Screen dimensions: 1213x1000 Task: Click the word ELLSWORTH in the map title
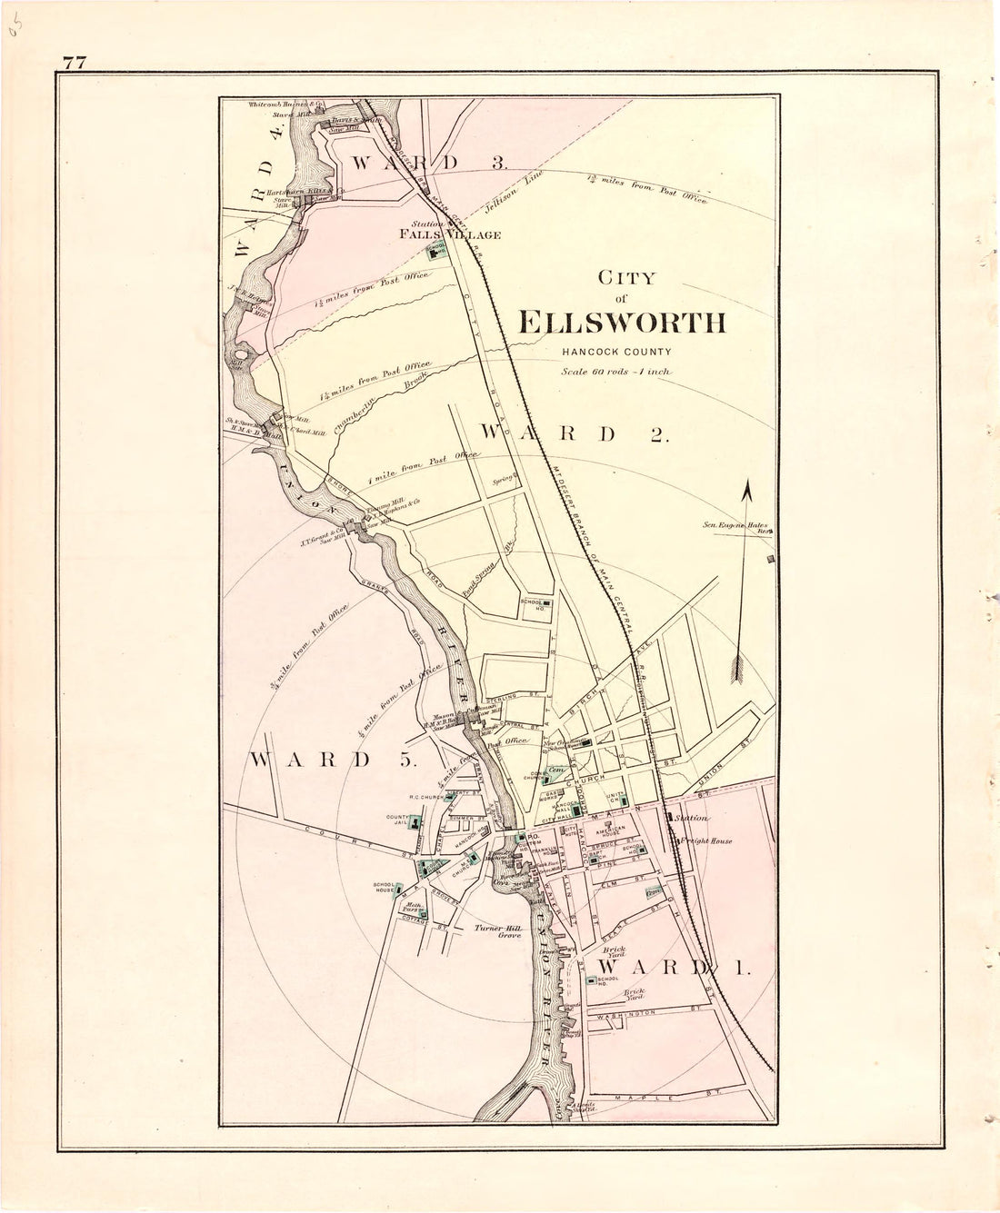pyautogui.click(x=622, y=323)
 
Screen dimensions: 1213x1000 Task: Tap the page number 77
pyautogui.click(x=75, y=63)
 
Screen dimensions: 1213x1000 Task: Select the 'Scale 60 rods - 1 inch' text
pyautogui.click(x=615, y=371)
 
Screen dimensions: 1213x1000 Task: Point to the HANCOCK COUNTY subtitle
pyautogui.click(x=616, y=352)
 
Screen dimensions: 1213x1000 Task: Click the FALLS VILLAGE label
pyautogui.click(x=451, y=234)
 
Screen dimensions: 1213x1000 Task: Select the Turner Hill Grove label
pyautogui.click(x=497, y=931)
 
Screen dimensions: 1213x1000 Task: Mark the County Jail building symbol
pyautogui.click(x=415, y=823)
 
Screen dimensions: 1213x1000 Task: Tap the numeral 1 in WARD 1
pyautogui.click(x=741, y=969)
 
